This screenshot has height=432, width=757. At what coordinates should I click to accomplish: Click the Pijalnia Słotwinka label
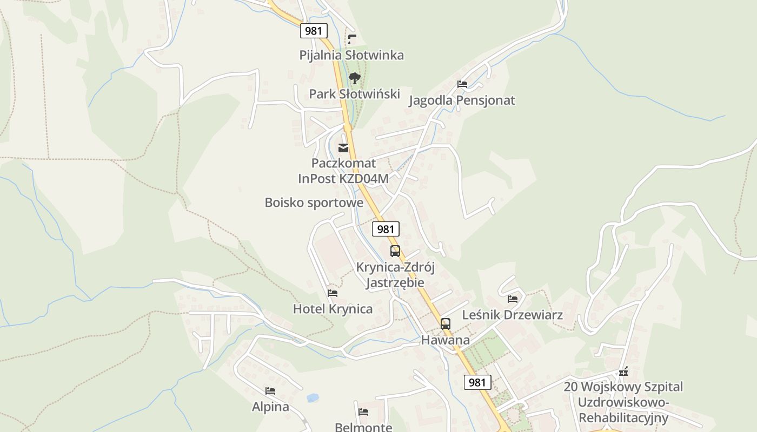coord(351,55)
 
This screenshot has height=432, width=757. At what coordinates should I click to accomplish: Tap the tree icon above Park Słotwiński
coord(354,78)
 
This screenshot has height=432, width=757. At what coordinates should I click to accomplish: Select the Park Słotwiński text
coord(354,94)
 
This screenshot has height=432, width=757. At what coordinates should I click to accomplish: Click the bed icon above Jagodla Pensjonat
coord(462,84)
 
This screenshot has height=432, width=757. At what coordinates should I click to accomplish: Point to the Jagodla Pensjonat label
coord(462,100)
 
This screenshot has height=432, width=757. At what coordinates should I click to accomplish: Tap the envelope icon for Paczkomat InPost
coord(343,148)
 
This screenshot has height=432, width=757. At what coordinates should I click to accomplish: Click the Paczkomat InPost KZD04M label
coord(343,171)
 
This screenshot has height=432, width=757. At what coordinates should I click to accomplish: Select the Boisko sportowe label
coord(314,202)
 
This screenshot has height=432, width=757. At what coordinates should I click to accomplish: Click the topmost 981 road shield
coord(314,31)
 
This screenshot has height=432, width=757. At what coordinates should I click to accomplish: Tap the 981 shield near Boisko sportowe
coord(386,229)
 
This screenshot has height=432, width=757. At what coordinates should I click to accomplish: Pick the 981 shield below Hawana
coord(477,382)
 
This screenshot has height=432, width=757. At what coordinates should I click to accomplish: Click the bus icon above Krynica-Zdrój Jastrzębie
coord(395,251)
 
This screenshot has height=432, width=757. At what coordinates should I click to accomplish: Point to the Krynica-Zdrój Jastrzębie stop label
coord(395,275)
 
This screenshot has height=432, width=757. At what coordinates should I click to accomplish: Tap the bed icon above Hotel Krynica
coord(333,293)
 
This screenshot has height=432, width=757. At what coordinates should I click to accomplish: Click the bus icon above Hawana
coord(446,324)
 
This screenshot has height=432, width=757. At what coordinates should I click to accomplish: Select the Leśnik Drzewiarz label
coord(513,315)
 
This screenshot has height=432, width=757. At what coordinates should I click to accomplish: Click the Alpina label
coord(270,407)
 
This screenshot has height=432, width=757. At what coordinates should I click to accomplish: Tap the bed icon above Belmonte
coord(363,412)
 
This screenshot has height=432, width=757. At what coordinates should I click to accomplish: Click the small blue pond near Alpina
coord(312,398)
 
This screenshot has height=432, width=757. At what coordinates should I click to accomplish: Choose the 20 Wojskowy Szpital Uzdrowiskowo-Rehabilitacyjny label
coord(623,402)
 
